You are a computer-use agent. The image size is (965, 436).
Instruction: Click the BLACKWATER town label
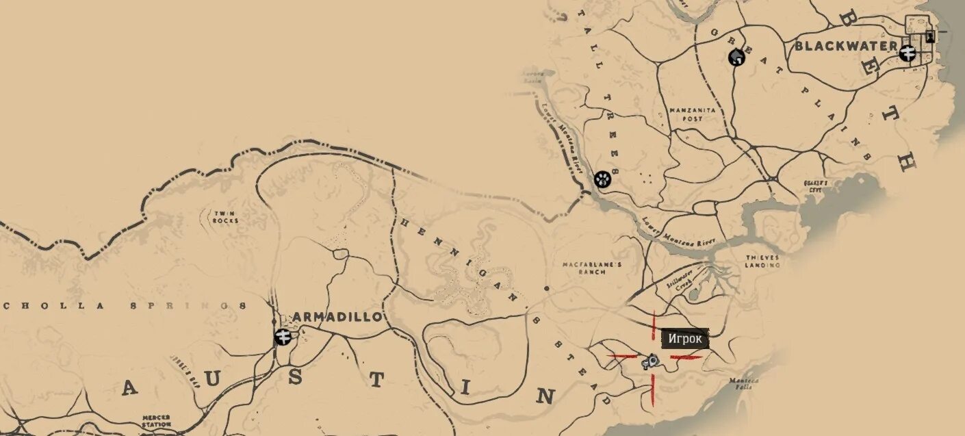(845, 46)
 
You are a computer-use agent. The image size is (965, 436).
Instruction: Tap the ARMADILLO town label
(336, 317)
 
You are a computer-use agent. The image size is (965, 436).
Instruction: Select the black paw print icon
(602, 179)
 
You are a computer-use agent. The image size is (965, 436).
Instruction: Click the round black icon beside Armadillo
(283, 336)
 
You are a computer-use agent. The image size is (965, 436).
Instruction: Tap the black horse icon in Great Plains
(736, 57)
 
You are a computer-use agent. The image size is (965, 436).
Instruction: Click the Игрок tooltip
(685, 339)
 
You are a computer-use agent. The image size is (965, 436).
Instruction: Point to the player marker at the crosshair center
(651, 360)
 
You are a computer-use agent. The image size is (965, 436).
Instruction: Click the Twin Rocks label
(225, 217)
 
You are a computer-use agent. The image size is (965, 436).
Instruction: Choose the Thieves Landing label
(762, 261)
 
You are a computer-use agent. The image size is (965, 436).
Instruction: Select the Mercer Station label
(156, 420)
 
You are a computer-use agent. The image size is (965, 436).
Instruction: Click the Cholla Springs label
(123, 306)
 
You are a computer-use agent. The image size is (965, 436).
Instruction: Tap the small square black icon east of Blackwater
(929, 36)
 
